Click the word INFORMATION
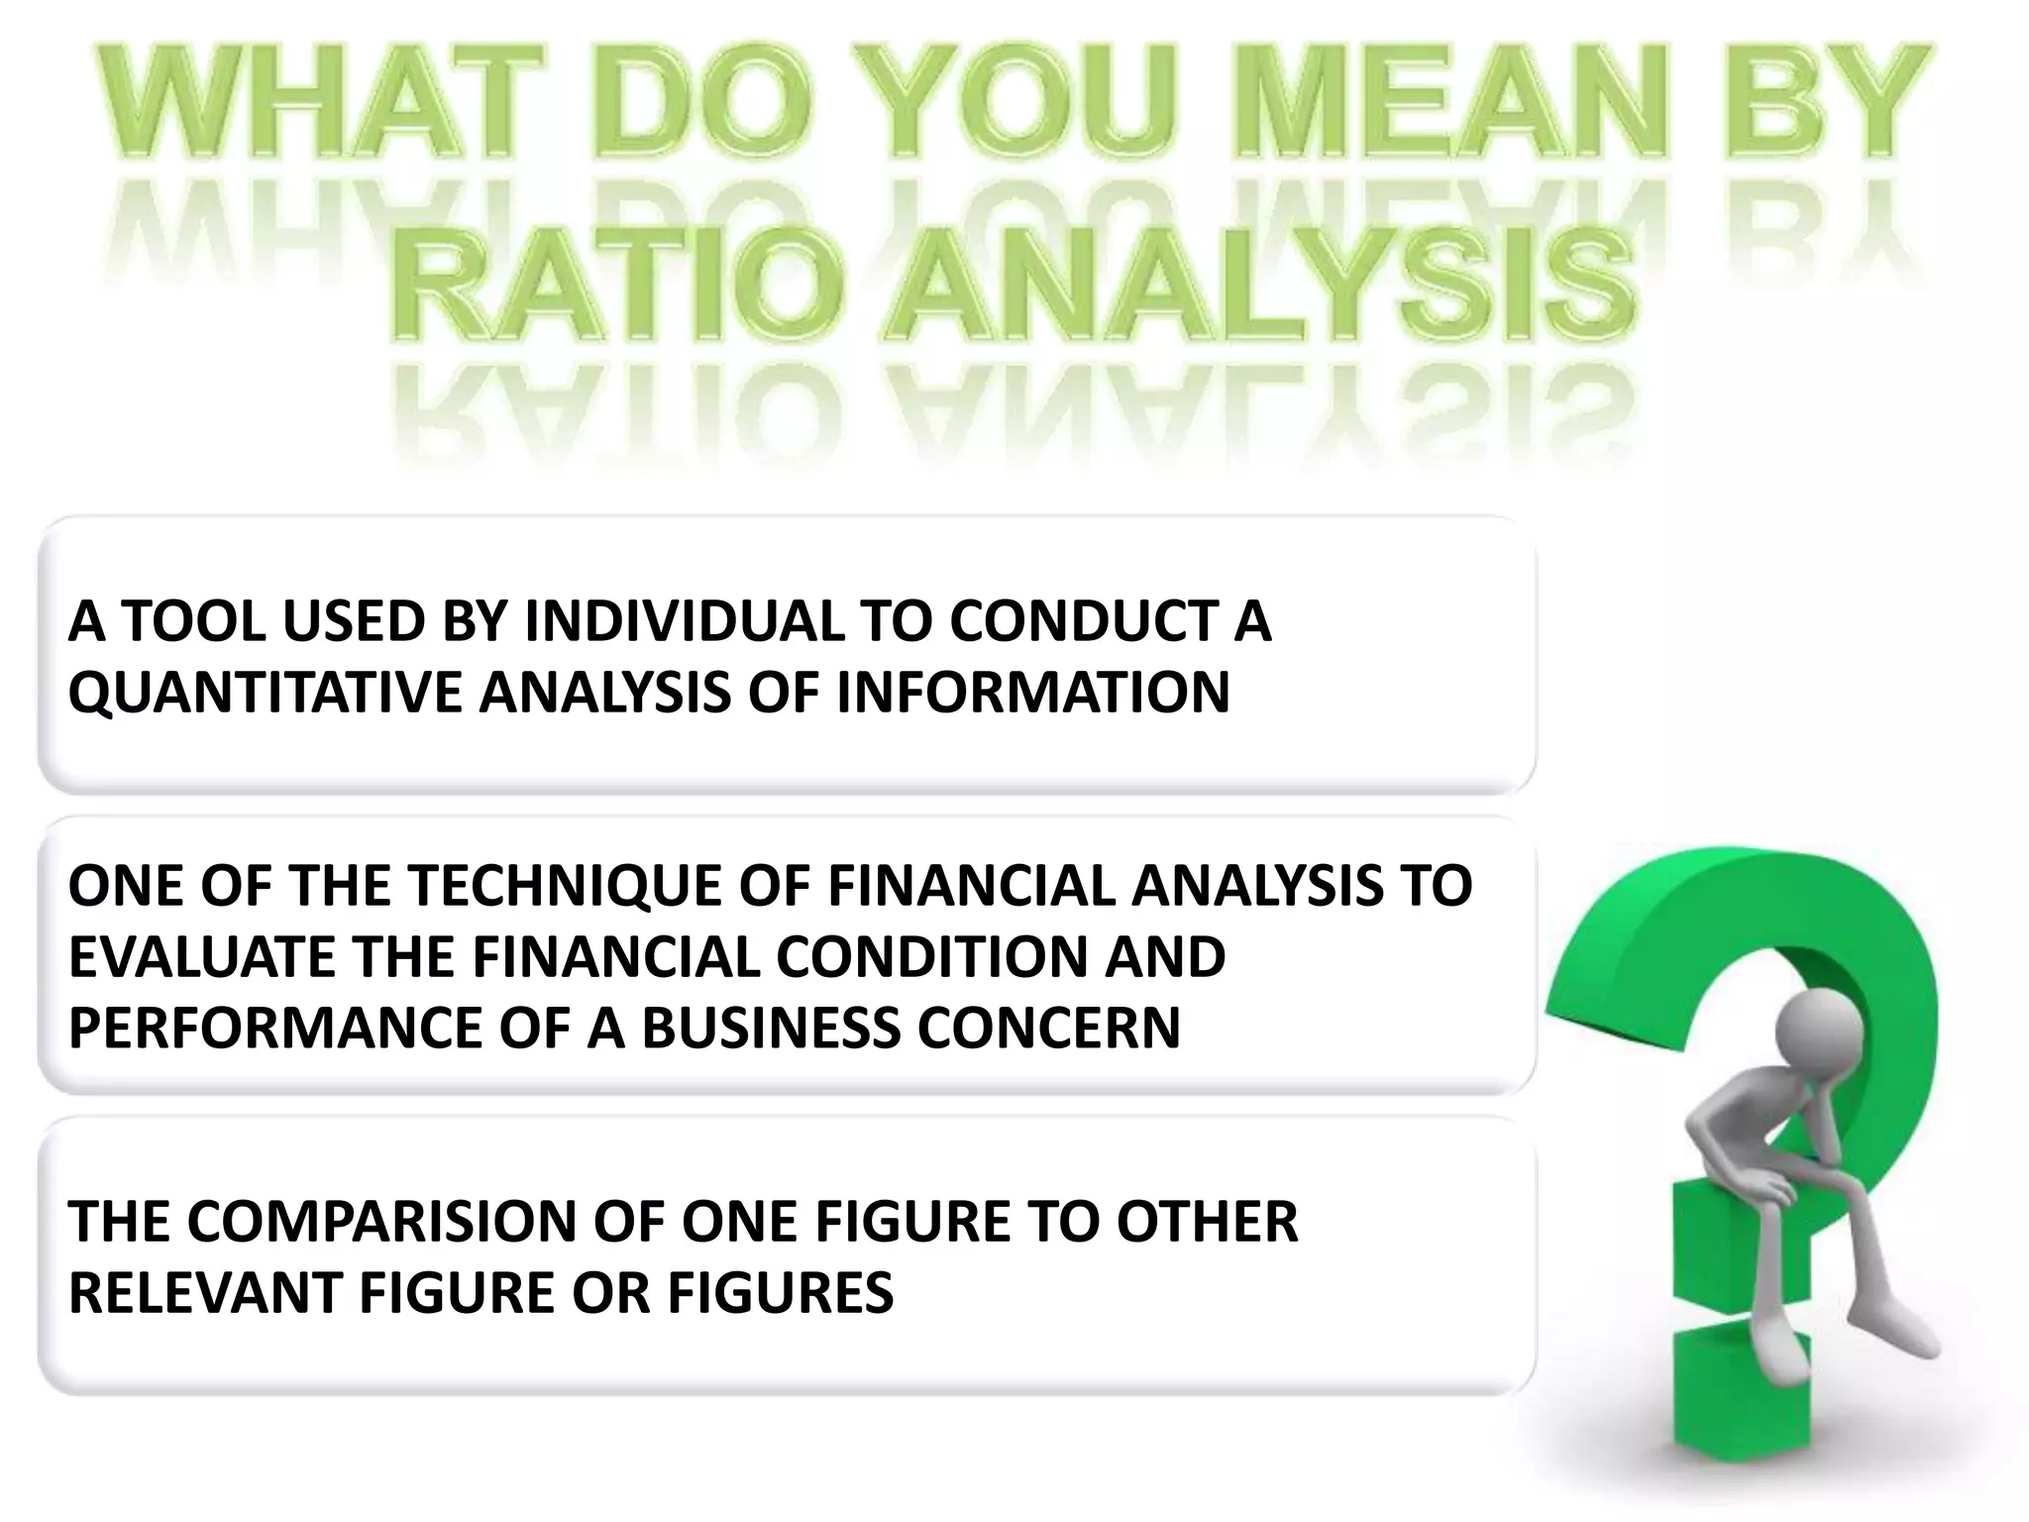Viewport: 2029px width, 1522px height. click(1032, 692)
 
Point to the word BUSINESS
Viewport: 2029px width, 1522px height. click(771, 1028)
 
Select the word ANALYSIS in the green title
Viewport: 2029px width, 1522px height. click(1258, 281)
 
